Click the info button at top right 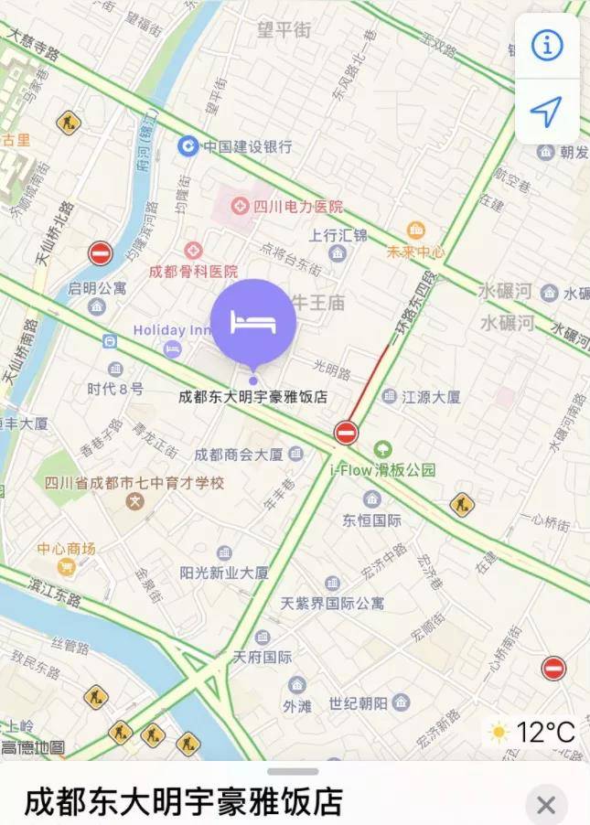point(547,46)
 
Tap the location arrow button point(547,112)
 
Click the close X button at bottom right point(546,805)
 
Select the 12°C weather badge point(532,732)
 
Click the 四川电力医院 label point(297,207)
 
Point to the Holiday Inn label point(172,330)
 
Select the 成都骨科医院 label point(193,271)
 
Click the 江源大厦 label point(433,397)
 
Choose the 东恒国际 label point(371,520)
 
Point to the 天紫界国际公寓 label point(332,603)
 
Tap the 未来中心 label point(416,252)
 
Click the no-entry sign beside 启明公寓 point(101,253)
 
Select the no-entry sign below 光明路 point(346,432)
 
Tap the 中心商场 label point(66,549)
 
